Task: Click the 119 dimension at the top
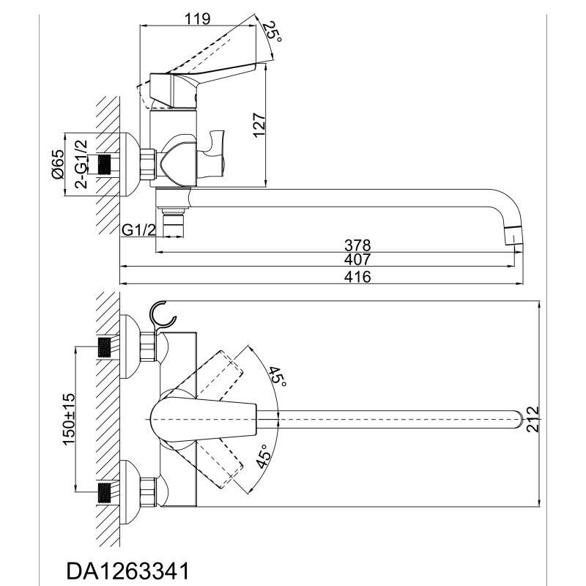click(198, 19)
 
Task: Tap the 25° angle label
click(272, 33)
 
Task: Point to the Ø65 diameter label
click(59, 163)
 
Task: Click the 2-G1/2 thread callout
click(81, 163)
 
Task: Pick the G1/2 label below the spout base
click(138, 230)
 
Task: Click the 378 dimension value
click(357, 245)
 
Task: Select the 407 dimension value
click(357, 259)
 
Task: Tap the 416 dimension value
click(357, 277)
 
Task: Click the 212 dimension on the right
click(533, 419)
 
